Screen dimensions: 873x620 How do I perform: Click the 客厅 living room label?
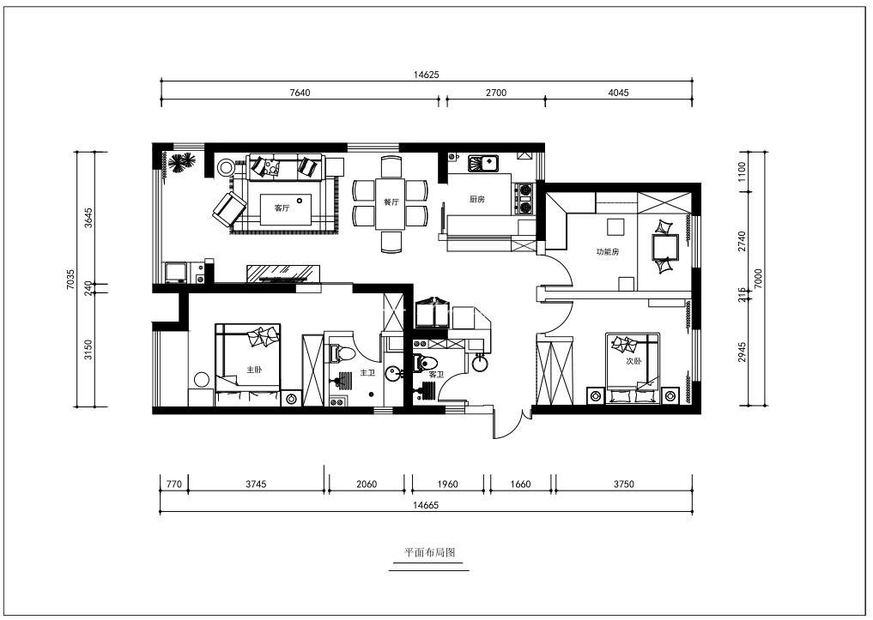coord(282,208)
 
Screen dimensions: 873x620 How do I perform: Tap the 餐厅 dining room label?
coord(391,202)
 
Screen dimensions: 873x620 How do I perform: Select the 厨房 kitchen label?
coord(476,199)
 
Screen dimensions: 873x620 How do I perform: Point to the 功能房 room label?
coord(608,252)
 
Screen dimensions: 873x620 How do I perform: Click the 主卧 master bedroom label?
coord(254,370)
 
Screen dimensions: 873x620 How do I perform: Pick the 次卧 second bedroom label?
coord(634,361)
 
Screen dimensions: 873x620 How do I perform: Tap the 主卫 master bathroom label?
coord(367,372)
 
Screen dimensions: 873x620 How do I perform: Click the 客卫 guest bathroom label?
coord(435,376)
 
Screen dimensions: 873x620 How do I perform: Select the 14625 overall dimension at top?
coord(427,75)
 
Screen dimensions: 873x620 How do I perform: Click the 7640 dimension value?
coord(300,93)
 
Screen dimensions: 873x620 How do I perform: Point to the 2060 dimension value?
coord(367,485)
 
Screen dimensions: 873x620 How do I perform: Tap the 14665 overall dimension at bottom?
coord(426,505)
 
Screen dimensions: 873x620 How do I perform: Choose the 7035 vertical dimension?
coord(70,280)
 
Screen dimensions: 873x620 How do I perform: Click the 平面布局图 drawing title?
coord(429,553)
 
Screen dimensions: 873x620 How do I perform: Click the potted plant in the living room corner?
coord(180,164)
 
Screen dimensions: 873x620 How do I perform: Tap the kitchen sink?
coord(484,164)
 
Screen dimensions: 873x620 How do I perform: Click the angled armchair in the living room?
coord(229,209)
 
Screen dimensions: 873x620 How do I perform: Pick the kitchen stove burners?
coord(524,199)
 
